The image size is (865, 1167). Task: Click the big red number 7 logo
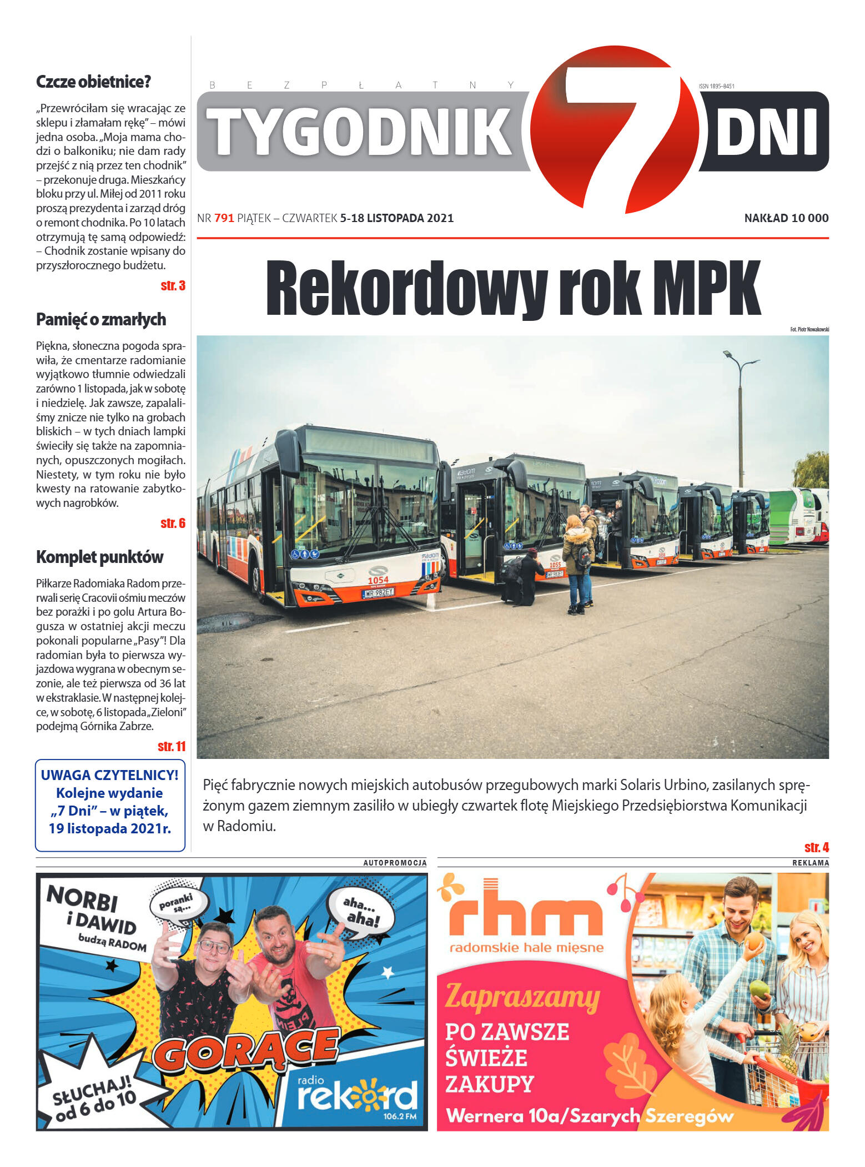616,128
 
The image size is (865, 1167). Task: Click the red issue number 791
224,218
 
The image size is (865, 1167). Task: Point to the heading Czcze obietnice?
93,82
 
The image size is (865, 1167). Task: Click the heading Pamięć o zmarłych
101,320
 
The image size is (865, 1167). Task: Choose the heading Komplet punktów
100,557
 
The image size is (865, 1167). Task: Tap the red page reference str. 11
172,747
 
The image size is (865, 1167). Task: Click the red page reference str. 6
173,524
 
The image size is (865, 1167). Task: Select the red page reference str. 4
816,848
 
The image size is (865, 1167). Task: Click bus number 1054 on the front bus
378,580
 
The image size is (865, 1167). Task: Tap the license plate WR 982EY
378,593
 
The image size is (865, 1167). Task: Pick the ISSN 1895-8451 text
716,86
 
